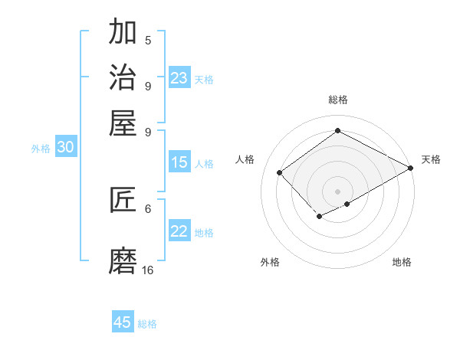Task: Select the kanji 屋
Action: pyautogui.click(x=123, y=122)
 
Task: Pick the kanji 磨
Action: pyautogui.click(x=123, y=261)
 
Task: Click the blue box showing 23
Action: pyautogui.click(x=179, y=78)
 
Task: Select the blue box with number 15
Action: pyautogui.click(x=179, y=162)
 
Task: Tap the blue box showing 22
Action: pyautogui.click(x=179, y=231)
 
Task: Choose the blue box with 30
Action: pyautogui.click(x=65, y=148)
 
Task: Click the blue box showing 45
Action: pyautogui.click(x=123, y=322)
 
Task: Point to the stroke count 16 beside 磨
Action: pyautogui.click(x=148, y=270)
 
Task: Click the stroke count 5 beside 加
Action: pyautogui.click(x=148, y=41)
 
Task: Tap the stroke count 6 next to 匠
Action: pyautogui.click(x=148, y=208)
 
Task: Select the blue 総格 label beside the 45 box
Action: pyautogui.click(x=147, y=324)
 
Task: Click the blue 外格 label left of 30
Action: pyautogui.click(x=41, y=149)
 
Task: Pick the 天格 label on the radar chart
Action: pyautogui.click(x=431, y=159)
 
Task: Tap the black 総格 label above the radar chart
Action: pyautogui.click(x=338, y=100)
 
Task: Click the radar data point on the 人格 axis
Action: pyautogui.click(x=280, y=172)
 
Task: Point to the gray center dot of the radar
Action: pyautogui.click(x=337, y=191)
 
